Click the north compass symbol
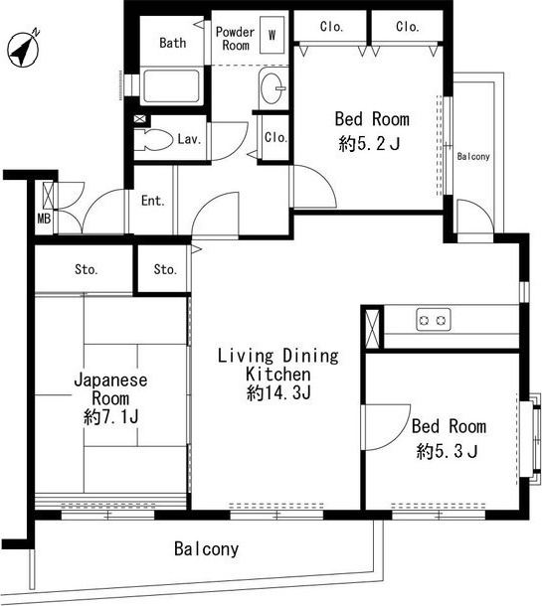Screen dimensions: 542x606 pyautogui.click(x=23, y=50)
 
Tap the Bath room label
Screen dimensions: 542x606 pyautogui.click(x=172, y=43)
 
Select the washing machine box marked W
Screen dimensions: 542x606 pyautogui.click(x=271, y=35)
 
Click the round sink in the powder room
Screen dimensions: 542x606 pyautogui.click(x=272, y=88)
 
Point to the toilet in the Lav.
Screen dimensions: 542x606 pyautogui.click(x=153, y=140)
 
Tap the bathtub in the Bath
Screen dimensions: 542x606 pyautogui.click(x=171, y=85)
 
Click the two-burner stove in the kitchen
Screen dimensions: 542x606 pyautogui.click(x=434, y=320)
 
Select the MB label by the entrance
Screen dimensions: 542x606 pyautogui.click(x=44, y=220)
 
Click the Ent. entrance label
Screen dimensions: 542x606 pyautogui.click(x=153, y=201)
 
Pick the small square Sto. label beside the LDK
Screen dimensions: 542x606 pyautogui.click(x=165, y=269)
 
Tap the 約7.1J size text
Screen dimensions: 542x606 pyautogui.click(x=111, y=417)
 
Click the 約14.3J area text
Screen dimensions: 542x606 pyautogui.click(x=278, y=393)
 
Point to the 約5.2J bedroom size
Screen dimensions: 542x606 pyautogui.click(x=369, y=144)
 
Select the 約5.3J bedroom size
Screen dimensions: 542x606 pyautogui.click(x=448, y=451)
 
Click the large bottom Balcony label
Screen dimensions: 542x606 pyautogui.click(x=206, y=548)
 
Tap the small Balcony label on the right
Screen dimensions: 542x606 pyautogui.click(x=473, y=157)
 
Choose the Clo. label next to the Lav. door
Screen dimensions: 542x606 pyautogui.click(x=275, y=137)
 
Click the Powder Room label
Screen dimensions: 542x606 pyautogui.click(x=236, y=39)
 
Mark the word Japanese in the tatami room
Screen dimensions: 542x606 pyautogui.click(x=110, y=380)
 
